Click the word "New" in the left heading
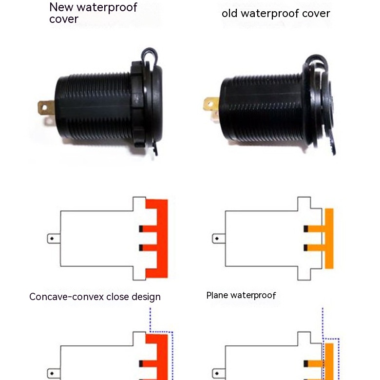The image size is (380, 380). coord(60,7)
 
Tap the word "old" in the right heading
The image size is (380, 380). coord(230,13)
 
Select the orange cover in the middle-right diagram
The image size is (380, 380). coord(329,238)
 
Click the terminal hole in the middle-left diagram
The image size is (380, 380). coord(51,239)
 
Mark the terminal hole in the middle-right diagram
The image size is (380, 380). coord(216,239)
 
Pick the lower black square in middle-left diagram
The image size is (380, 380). coord(141,248)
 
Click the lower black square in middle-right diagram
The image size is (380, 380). coord(305,248)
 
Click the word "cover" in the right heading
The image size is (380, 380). coord(315,13)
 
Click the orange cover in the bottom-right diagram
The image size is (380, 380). coord(329,361)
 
